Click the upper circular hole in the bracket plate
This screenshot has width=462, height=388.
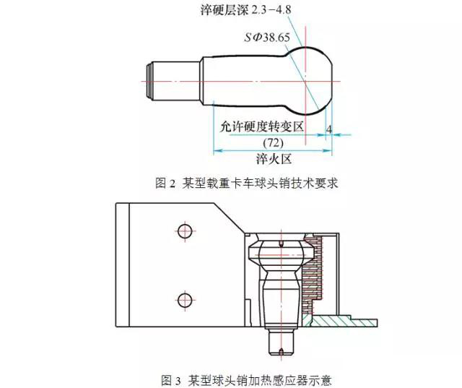(185, 231)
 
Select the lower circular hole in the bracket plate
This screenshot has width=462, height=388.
(185, 298)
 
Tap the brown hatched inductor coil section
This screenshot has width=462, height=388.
(312, 275)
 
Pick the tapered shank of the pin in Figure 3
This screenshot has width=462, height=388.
(280, 303)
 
